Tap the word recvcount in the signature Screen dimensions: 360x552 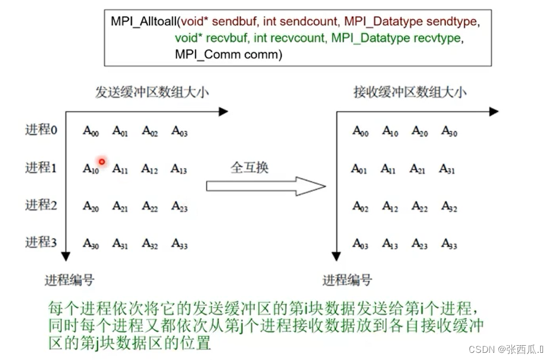298,38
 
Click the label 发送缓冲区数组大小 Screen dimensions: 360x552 152,92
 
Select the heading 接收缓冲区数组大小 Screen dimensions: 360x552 410,92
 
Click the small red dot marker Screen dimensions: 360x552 102,161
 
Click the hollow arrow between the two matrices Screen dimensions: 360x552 266,186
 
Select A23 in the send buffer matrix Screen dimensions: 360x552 179,206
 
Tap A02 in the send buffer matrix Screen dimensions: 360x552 149,132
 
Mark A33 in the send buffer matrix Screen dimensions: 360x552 179,243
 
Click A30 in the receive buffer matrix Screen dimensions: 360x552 449,132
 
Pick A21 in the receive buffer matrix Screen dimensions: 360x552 419,169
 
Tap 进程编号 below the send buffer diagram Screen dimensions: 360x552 69,280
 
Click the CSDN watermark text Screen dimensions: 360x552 506,349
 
